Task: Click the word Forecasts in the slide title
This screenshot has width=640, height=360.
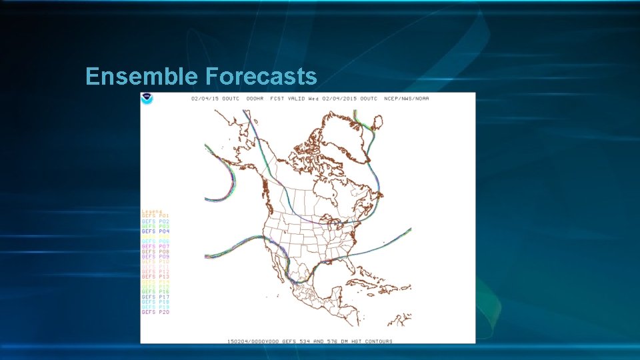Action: [x=261, y=77]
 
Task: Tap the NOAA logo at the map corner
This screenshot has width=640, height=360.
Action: [x=147, y=99]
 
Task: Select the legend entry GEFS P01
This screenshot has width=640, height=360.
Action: [x=155, y=216]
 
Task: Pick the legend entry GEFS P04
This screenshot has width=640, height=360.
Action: [x=155, y=231]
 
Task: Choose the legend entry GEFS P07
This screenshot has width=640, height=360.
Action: [x=155, y=247]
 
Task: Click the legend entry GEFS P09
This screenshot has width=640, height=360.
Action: [x=155, y=257]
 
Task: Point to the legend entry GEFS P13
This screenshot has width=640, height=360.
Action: [x=155, y=277]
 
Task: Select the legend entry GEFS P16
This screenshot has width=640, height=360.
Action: [x=155, y=292]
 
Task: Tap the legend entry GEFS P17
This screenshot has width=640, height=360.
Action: [x=155, y=297]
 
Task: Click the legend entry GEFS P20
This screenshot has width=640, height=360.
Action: [x=155, y=312]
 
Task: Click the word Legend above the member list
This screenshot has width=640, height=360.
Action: [x=151, y=211]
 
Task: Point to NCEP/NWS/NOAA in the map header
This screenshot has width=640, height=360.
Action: [x=407, y=99]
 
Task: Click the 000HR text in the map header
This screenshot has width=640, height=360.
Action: [x=255, y=99]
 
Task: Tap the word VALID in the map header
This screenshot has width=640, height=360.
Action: [x=297, y=99]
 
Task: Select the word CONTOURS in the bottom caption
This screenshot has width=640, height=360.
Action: [x=376, y=341]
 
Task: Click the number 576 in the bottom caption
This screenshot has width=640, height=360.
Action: [x=330, y=341]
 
